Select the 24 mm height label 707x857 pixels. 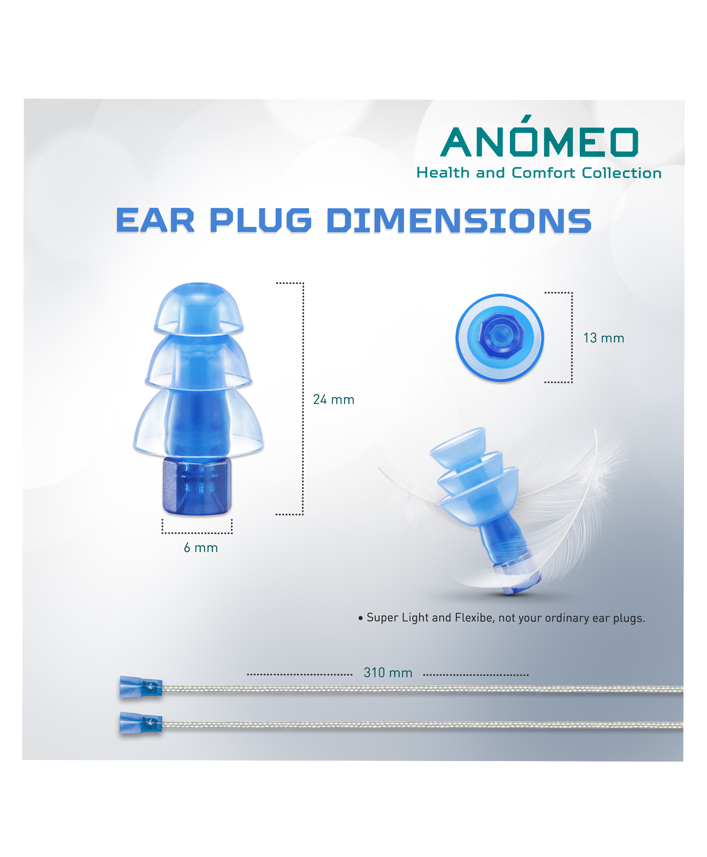point(334,400)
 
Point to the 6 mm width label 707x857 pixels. point(201,548)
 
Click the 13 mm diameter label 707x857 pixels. point(604,338)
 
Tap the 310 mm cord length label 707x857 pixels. point(388,673)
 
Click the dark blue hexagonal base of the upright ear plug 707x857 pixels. point(197,486)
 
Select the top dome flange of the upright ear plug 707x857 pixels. point(198,308)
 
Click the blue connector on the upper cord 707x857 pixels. point(141,687)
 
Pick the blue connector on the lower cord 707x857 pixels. point(141,723)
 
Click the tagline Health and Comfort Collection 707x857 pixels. point(539,172)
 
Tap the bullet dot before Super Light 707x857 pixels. point(361,618)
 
